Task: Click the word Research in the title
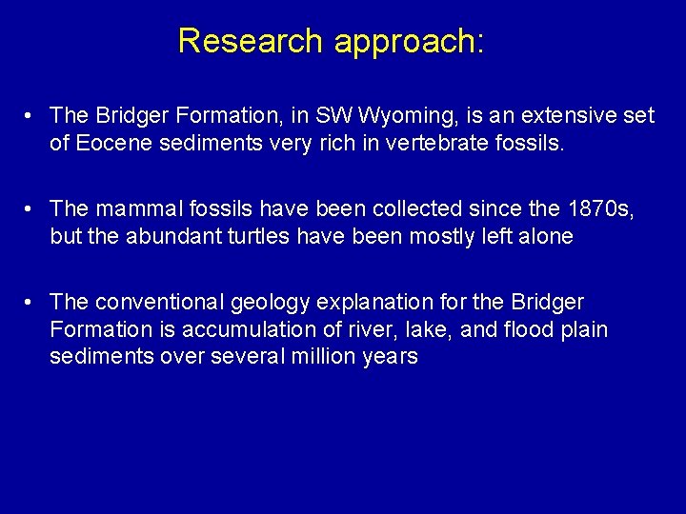tap(251, 41)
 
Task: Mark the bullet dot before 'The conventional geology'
tap(32, 303)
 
